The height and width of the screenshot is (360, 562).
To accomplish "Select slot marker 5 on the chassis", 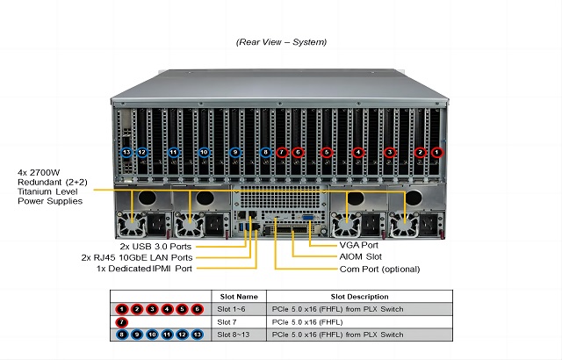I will click(x=327, y=152).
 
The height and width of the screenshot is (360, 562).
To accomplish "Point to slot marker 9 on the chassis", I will click(x=234, y=152).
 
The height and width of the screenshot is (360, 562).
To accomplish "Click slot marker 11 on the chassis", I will click(x=173, y=152).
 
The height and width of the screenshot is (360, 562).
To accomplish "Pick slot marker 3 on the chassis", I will click(x=389, y=152).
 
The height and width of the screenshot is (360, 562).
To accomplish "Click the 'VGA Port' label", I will click(x=358, y=245).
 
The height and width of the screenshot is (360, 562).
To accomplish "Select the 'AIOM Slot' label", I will click(x=360, y=256).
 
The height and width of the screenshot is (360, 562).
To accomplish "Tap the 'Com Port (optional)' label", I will click(x=379, y=269).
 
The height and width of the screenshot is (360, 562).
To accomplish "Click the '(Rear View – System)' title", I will click(x=281, y=41).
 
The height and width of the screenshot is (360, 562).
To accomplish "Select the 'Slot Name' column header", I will click(x=238, y=296).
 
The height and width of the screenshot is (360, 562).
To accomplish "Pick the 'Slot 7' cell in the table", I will click(x=227, y=321).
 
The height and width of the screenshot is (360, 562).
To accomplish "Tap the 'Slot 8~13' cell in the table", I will click(x=233, y=334).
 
